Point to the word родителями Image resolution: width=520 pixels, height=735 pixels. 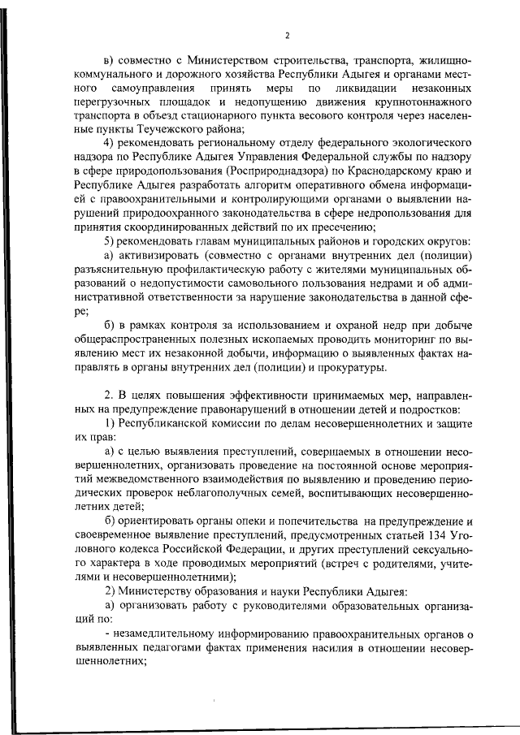tap(409, 561)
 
